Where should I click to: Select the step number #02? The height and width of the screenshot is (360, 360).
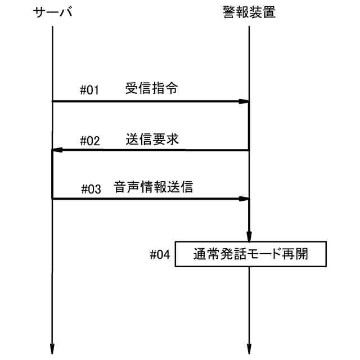90,141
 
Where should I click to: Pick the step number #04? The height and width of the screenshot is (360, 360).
160,255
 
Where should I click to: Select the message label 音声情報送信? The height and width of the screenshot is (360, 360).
153,187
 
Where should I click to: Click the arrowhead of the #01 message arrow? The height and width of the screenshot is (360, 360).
244,102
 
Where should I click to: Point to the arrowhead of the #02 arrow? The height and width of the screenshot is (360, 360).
57,150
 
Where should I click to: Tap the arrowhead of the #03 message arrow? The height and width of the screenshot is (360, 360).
244,199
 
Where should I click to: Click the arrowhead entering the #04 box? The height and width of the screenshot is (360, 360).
249,237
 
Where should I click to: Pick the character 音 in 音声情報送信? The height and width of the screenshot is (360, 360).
119,187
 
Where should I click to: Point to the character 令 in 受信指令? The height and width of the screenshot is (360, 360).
173,88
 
